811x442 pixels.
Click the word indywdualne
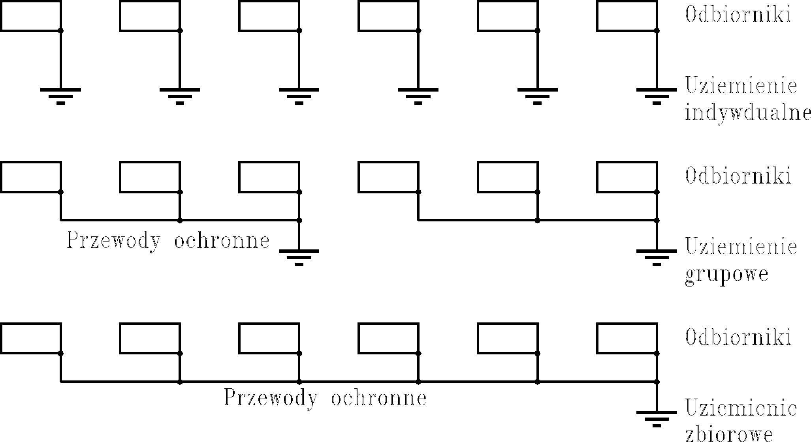747,114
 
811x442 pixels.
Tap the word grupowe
726,274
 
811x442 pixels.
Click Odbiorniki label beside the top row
738,15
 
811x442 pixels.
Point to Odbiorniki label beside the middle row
738,176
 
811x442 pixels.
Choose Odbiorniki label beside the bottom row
738,338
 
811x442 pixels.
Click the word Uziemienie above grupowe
741,247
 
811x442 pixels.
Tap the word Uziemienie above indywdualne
741,85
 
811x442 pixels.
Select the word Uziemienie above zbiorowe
741,408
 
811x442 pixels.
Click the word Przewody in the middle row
114,241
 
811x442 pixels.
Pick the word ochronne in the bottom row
379,398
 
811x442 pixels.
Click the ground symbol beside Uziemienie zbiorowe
657,418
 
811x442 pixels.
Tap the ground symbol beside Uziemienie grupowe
657,257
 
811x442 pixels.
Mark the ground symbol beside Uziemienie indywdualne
657,96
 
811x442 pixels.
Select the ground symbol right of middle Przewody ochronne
299,257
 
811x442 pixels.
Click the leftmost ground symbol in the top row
60,96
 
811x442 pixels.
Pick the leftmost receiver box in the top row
30,16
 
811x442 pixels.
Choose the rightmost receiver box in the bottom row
627,338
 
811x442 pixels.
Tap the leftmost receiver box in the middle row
30,177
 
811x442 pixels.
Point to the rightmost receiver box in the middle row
627,177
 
